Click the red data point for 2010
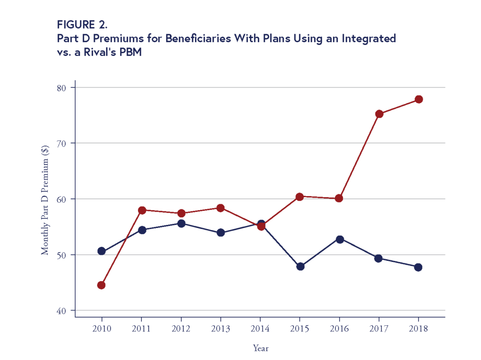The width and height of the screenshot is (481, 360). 101,285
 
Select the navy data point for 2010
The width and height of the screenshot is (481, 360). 101,251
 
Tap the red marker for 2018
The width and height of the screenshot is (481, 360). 419,99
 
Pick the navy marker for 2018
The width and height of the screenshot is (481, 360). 418,267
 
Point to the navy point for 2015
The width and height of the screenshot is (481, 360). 300,267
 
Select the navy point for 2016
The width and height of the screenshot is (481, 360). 340,239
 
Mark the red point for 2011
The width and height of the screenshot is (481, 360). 142,210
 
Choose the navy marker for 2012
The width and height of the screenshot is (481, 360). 181,223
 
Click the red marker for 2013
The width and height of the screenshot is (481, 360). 220,208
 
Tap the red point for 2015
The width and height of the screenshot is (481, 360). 300,197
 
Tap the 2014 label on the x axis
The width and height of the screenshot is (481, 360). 260,329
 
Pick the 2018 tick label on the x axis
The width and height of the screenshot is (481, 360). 418,329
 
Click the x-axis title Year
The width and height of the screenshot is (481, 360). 261,348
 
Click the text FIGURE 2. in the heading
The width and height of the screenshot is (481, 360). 82,25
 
